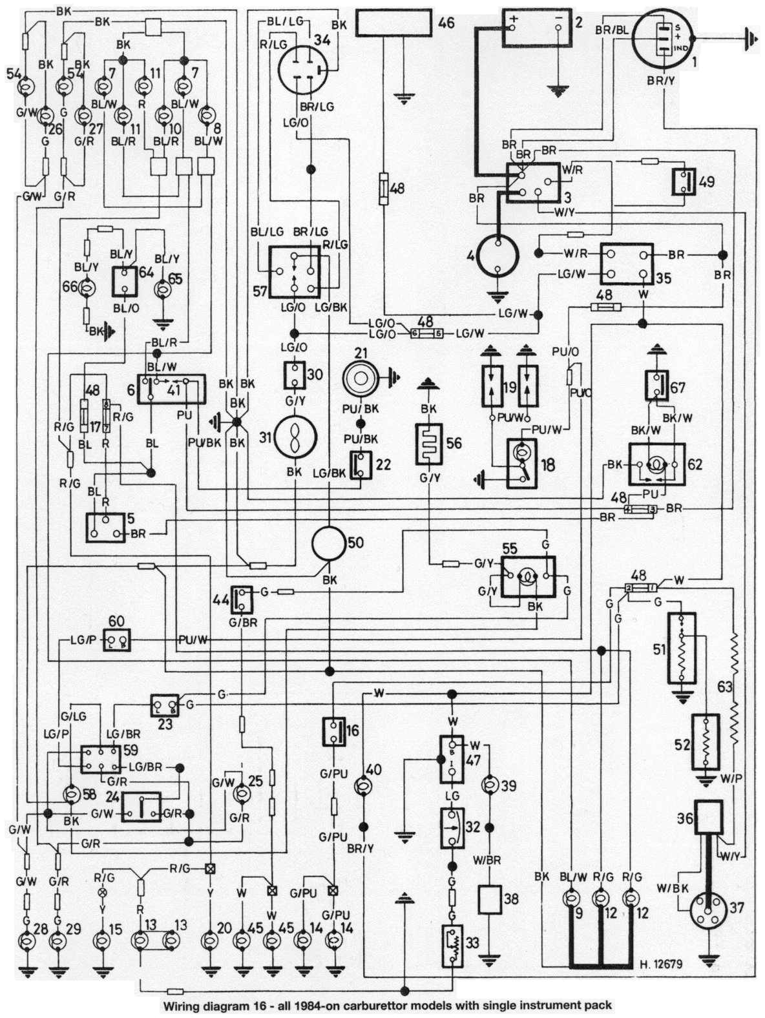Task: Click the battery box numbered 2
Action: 536,27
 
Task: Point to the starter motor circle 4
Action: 497,256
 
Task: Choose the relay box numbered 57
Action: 294,271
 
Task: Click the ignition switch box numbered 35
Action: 626,264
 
